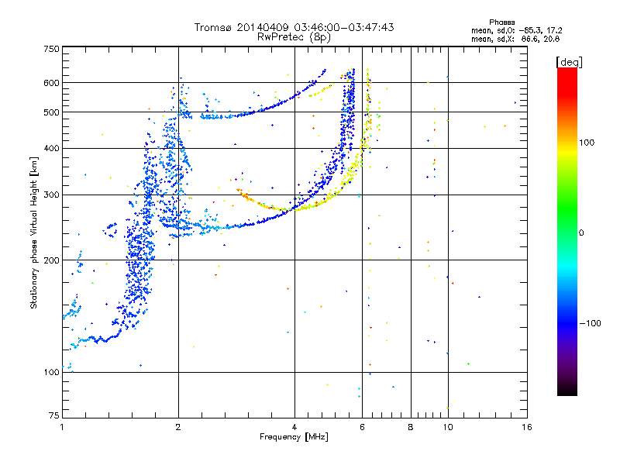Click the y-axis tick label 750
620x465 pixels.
51,49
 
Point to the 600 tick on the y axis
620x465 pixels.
51,82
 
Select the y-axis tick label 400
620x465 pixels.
51,148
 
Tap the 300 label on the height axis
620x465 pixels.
51,195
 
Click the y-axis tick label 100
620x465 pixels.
51,372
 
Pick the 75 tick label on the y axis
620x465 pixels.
53,416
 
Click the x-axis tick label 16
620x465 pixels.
526,427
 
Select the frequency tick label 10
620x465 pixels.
447,427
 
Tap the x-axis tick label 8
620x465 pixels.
411,427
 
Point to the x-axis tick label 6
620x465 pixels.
363,427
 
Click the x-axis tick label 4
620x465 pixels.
294,427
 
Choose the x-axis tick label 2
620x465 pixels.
178,427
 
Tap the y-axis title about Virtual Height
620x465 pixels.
34,232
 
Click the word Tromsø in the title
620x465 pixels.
216,27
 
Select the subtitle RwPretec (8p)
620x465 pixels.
294,36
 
